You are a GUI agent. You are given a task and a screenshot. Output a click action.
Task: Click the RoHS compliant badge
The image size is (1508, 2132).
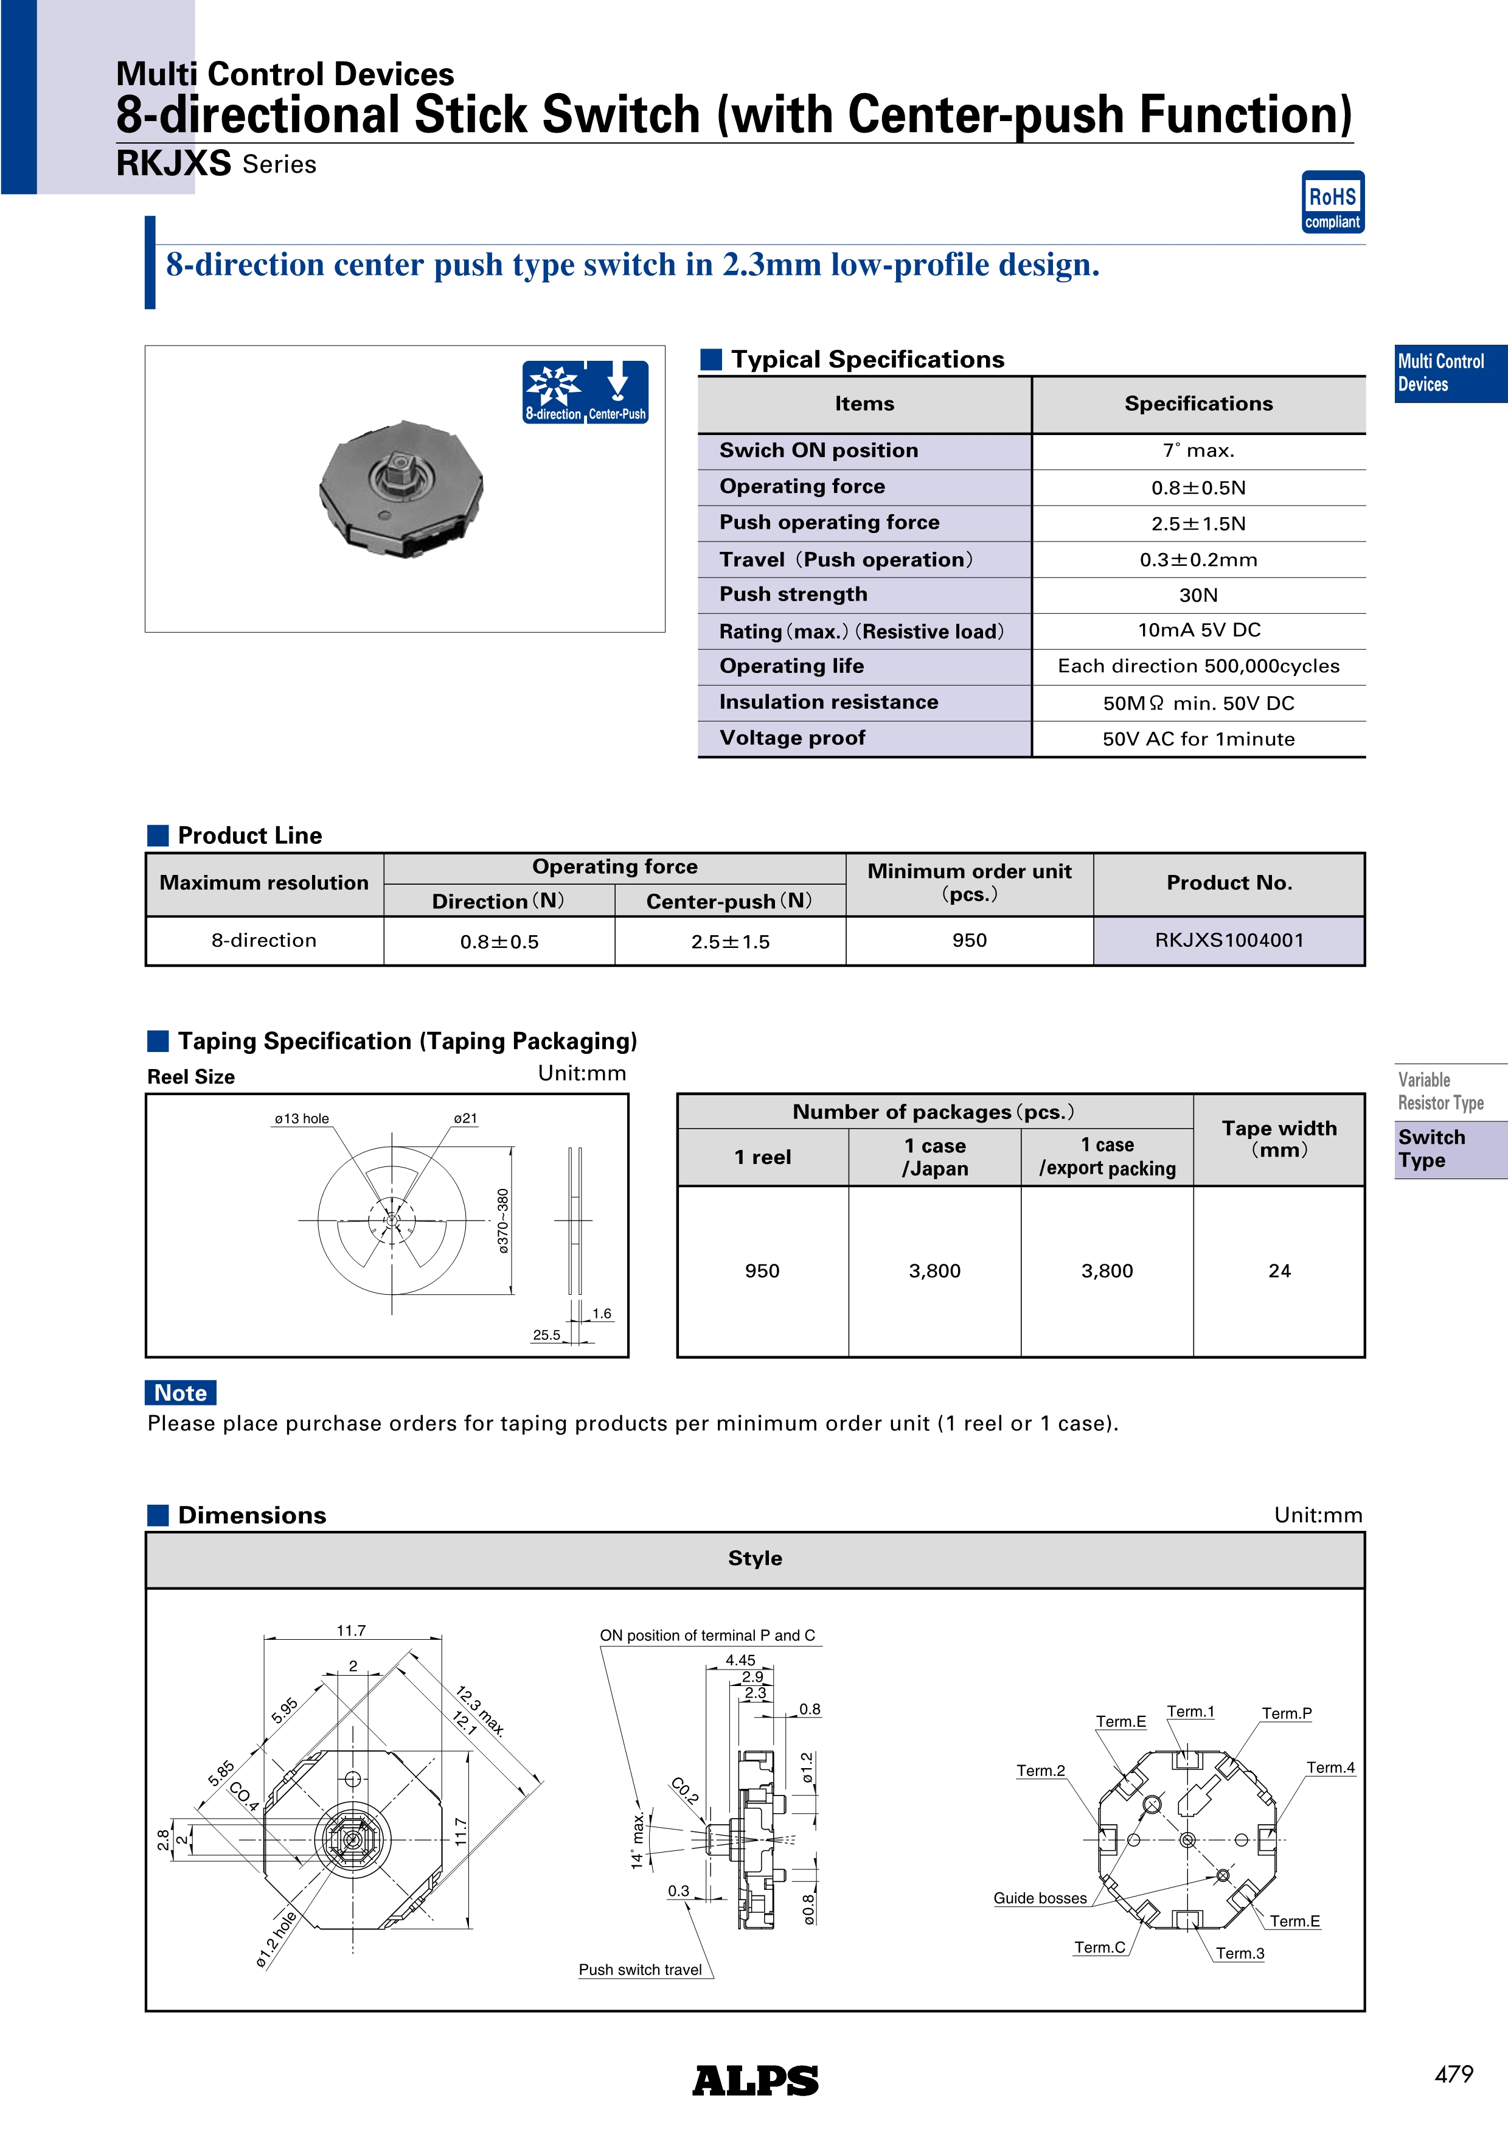[1332, 201]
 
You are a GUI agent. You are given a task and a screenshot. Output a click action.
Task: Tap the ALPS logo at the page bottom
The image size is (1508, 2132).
[755, 2080]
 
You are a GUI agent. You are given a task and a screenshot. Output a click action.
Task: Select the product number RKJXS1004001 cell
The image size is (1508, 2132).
[1229, 941]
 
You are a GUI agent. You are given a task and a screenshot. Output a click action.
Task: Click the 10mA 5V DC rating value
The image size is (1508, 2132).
[1199, 630]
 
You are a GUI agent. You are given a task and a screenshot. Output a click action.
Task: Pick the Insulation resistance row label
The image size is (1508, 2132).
[829, 703]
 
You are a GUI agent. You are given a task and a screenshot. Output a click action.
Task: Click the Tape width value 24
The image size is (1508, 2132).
[1279, 1270]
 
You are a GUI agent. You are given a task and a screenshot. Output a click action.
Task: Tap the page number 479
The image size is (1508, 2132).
[1453, 2074]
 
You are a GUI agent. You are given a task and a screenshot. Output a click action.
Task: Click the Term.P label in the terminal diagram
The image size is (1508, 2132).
[1286, 1714]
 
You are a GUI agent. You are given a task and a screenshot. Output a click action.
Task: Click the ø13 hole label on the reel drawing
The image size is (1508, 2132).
[302, 1119]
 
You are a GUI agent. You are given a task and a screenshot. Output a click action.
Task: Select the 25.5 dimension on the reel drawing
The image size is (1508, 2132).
[546, 1336]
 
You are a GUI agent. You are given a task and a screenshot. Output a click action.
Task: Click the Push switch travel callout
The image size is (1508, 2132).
[640, 1970]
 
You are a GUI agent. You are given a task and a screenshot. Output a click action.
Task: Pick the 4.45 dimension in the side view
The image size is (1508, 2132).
[740, 1660]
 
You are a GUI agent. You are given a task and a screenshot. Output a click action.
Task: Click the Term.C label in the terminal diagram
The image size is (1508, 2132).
[1099, 1947]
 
